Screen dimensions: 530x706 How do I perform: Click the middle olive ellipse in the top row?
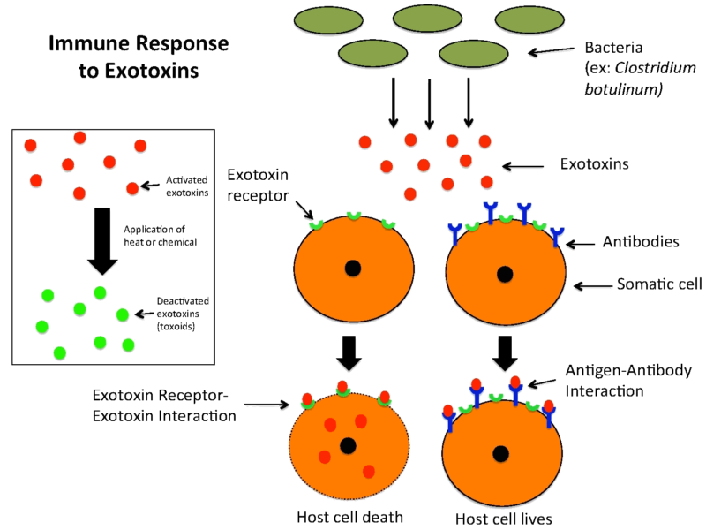point(427,19)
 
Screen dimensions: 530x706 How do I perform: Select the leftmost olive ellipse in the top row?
point(328,20)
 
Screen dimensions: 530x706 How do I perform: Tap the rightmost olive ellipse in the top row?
point(529,19)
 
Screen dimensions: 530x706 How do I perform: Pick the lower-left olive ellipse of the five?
point(372,53)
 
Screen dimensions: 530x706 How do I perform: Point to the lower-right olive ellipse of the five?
point(474,54)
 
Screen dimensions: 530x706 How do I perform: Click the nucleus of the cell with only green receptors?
point(353,268)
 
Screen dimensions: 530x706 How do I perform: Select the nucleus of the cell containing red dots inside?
point(348,445)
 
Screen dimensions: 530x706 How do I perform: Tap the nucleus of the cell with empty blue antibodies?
point(505,274)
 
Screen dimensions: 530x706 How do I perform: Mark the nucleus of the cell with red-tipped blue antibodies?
point(500,453)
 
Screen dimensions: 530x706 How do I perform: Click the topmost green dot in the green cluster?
point(100,292)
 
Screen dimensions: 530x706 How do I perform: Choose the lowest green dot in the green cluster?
point(60,352)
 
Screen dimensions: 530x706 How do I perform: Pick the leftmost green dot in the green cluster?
point(41,326)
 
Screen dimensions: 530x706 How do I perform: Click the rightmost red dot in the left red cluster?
point(140,146)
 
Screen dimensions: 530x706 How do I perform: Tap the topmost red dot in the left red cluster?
point(79,138)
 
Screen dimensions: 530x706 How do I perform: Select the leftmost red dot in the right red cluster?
point(364,142)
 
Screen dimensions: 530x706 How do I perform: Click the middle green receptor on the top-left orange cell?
point(354,216)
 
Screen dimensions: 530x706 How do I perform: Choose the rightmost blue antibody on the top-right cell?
point(557,236)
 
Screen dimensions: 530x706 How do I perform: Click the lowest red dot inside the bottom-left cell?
point(368,472)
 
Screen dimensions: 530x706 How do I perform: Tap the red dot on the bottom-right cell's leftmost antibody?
point(447,411)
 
